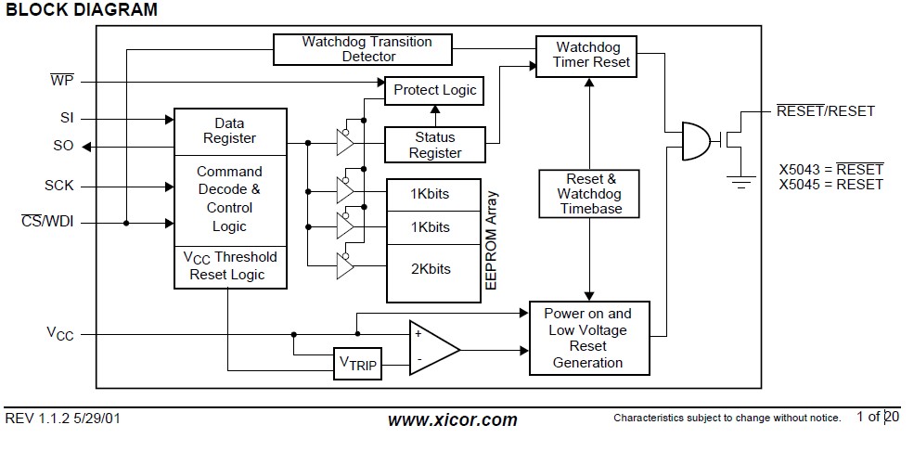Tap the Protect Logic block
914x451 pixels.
(x=434, y=90)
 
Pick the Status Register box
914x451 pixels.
(x=435, y=145)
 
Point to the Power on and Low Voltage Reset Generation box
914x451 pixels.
(x=587, y=338)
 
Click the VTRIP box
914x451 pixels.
(x=357, y=363)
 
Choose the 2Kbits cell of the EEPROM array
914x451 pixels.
(x=431, y=269)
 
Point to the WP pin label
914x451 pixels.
(x=62, y=81)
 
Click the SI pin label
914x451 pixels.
(x=64, y=119)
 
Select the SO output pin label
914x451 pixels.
(x=63, y=146)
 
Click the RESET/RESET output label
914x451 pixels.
(x=825, y=111)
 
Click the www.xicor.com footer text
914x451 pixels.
(x=452, y=419)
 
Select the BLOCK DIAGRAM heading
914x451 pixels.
(x=82, y=10)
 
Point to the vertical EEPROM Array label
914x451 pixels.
(x=492, y=241)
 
